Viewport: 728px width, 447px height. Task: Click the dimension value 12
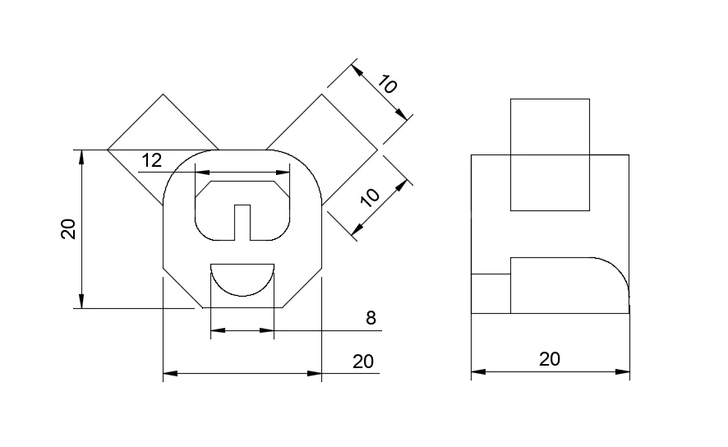point(151,160)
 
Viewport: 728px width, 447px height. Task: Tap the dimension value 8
point(371,318)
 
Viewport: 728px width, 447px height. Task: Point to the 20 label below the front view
point(363,362)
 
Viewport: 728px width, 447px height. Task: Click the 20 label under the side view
point(550,359)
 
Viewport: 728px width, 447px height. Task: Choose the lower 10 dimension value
point(371,196)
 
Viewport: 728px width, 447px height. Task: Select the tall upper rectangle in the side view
point(550,154)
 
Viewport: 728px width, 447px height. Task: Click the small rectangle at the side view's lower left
point(491,293)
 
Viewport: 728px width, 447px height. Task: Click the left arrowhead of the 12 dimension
point(198,173)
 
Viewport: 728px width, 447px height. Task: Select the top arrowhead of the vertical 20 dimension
point(81,155)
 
